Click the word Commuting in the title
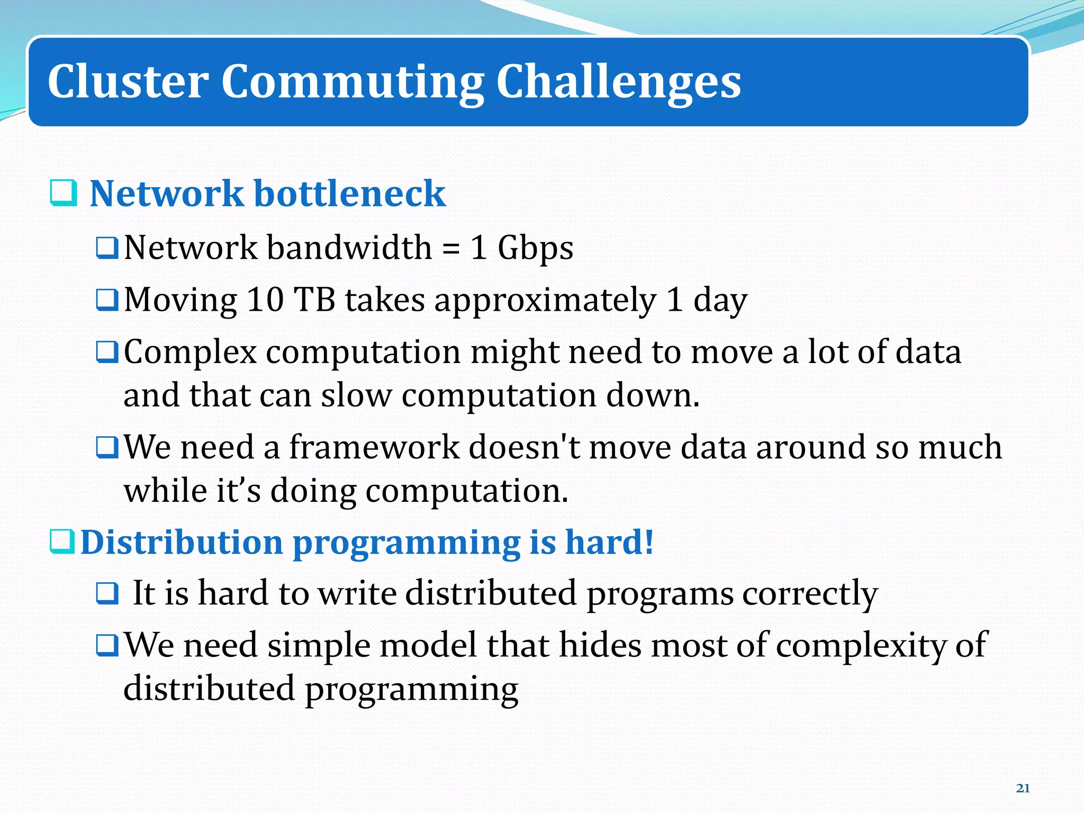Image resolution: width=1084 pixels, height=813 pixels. (352, 82)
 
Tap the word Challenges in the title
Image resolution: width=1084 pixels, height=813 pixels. (618, 82)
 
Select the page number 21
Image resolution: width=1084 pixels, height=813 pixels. (1023, 788)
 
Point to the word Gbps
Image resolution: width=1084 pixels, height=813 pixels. (535, 249)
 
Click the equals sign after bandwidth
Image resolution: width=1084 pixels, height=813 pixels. (451, 248)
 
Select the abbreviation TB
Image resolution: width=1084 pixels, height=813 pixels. (314, 300)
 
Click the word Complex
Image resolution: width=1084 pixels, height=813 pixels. (190, 353)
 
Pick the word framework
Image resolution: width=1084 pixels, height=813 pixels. (374, 447)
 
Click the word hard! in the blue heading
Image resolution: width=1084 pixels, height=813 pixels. (609, 543)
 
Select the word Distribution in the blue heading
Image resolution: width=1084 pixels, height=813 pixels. (182, 543)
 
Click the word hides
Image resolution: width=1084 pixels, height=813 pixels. (600, 645)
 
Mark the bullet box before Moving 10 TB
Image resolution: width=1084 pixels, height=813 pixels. (107, 300)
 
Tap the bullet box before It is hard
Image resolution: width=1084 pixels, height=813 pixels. (107, 593)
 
